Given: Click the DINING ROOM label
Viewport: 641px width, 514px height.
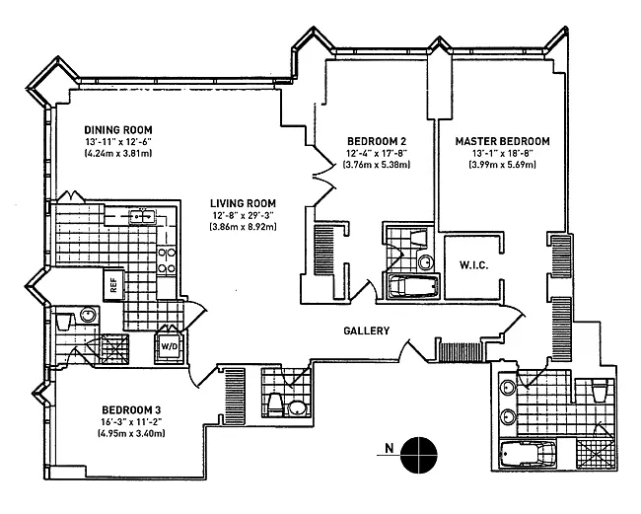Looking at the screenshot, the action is [x=118, y=130].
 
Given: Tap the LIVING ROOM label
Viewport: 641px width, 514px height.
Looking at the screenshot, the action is [x=243, y=203].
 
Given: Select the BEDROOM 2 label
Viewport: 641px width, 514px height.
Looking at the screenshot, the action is [x=377, y=141].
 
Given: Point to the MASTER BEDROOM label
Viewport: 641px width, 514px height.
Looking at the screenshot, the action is [x=502, y=141].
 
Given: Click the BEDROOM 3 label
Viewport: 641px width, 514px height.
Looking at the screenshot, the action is [x=131, y=409].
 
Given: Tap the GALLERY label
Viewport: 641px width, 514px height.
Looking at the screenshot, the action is [x=367, y=330].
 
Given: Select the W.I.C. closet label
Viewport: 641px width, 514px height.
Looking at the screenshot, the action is [x=473, y=265].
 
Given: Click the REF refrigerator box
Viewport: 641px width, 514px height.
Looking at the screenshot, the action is [x=113, y=284].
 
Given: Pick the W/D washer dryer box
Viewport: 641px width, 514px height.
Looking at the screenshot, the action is [x=169, y=346].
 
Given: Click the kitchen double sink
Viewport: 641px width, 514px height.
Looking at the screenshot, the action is [x=142, y=216].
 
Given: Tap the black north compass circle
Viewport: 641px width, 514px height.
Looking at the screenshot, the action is [x=418, y=455].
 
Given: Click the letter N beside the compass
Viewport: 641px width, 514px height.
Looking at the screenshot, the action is [x=390, y=448].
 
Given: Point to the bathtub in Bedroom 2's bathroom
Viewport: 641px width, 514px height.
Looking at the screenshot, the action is [x=413, y=287].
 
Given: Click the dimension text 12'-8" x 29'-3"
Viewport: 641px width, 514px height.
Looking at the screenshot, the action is [x=243, y=215].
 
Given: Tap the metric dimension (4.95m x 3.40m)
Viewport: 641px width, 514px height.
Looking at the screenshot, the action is [x=131, y=433].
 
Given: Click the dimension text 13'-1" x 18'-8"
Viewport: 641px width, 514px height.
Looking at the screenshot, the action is [x=502, y=153].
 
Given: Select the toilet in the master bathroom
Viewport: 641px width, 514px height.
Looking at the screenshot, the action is [x=601, y=391].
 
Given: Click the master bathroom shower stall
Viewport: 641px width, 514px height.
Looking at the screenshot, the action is [x=595, y=454].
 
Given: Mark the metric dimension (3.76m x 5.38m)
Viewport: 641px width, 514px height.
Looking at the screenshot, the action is [x=377, y=165].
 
